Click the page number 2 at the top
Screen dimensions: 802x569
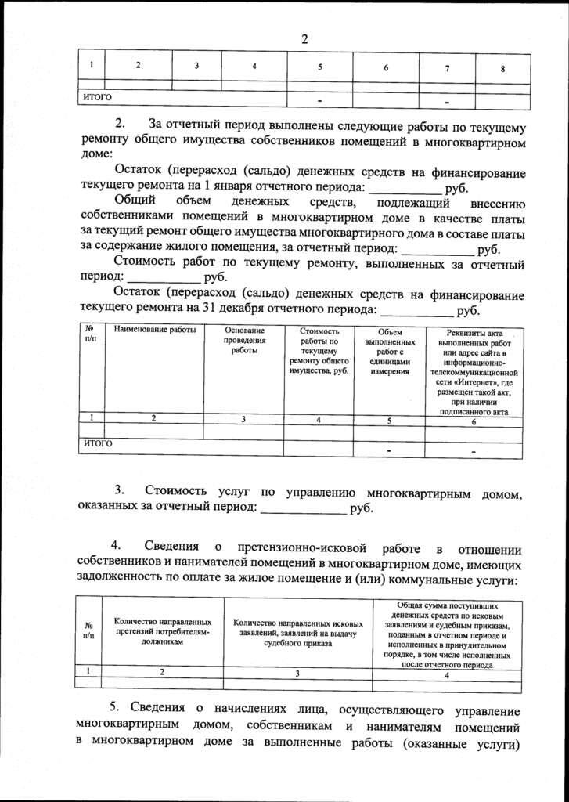[304, 40]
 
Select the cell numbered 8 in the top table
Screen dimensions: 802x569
[502, 68]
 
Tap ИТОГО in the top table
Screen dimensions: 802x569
[98, 97]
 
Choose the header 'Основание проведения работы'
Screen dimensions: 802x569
[244, 341]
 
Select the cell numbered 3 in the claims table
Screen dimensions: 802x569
[297, 673]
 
